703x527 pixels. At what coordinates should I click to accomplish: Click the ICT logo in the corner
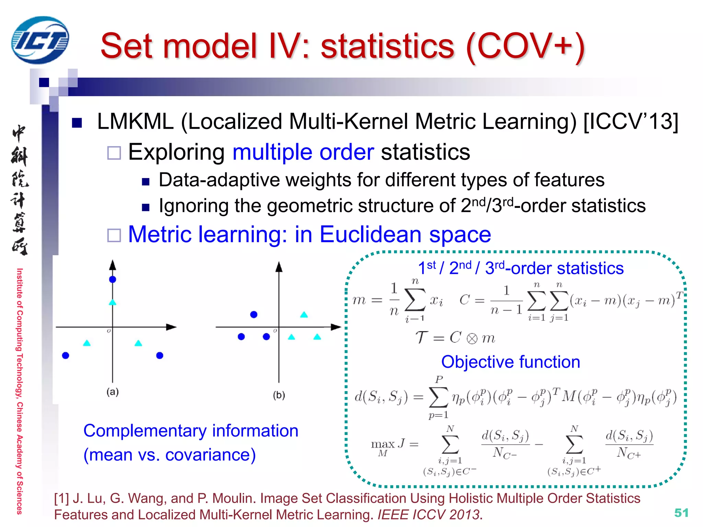(x=40, y=40)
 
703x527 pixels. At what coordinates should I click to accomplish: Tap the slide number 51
(x=681, y=513)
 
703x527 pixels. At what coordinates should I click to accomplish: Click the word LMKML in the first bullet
(x=135, y=122)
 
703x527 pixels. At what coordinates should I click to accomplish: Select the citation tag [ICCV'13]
(x=631, y=122)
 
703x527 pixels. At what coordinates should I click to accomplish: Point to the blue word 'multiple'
(x=272, y=152)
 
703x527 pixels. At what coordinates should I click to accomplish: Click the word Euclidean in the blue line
(x=370, y=235)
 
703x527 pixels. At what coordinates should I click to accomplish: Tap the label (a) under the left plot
(x=113, y=392)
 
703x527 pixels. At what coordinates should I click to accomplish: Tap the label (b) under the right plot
(x=279, y=395)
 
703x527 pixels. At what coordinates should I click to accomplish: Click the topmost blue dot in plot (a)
(x=113, y=279)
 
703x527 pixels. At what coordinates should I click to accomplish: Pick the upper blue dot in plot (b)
(x=254, y=315)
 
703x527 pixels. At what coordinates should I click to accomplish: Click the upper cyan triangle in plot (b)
(x=304, y=315)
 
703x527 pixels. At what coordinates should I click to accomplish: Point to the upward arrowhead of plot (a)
(x=113, y=265)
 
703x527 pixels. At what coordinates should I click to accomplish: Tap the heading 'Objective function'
(x=510, y=362)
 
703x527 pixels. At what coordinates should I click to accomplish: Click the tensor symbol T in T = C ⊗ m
(x=422, y=338)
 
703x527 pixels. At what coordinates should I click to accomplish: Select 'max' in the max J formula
(x=382, y=444)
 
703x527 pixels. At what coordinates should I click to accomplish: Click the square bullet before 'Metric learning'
(x=114, y=235)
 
